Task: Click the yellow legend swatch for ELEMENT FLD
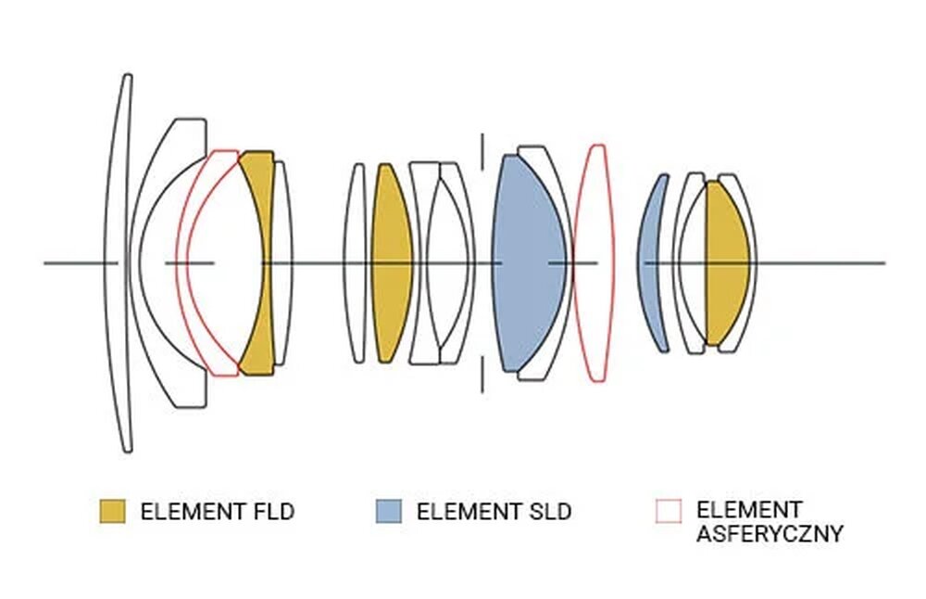click(112, 511)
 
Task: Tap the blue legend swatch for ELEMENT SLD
click(389, 511)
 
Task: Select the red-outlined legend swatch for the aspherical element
click(668, 511)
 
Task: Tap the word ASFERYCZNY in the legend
click(770, 534)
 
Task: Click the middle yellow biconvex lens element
click(391, 263)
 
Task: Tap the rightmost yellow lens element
click(727, 263)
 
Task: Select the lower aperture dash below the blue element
click(482, 378)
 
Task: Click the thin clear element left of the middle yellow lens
click(355, 263)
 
